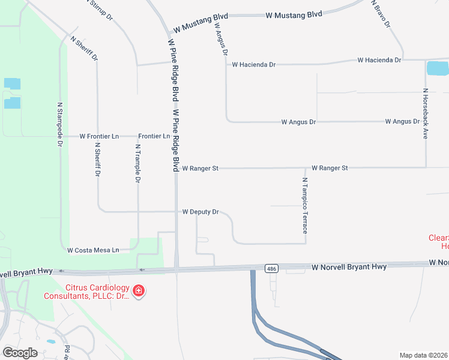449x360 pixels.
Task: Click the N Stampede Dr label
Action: tap(60, 124)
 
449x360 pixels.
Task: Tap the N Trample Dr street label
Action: tap(137, 163)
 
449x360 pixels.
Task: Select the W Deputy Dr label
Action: tap(200, 212)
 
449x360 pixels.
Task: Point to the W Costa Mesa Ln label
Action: tap(93, 250)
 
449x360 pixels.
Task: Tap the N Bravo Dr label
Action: tap(381, 14)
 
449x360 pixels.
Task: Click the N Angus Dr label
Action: tap(220, 39)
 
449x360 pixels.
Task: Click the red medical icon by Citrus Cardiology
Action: tap(139, 291)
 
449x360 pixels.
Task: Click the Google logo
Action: tap(20, 352)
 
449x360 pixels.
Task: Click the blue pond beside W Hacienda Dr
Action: tap(437, 68)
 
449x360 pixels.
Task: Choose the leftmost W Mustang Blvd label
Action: tap(194, 28)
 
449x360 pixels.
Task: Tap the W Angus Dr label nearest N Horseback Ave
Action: tap(402, 121)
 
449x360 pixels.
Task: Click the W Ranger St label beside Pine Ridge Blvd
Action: tap(200, 169)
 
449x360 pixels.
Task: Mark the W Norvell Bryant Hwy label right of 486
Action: tap(349, 266)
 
